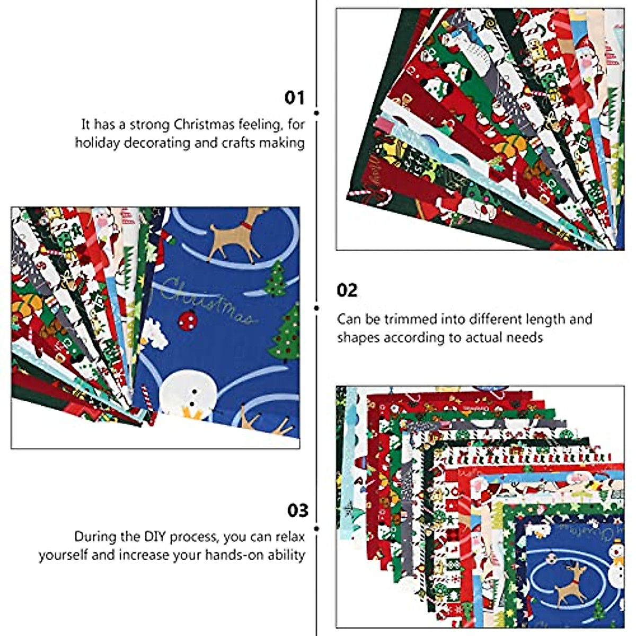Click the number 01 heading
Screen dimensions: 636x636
(x=295, y=98)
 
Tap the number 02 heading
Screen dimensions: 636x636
(x=347, y=290)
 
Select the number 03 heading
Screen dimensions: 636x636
(x=297, y=510)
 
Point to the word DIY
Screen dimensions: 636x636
(x=142, y=536)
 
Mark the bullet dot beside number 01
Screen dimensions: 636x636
(x=316, y=113)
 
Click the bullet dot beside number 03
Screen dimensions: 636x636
(x=316, y=528)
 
